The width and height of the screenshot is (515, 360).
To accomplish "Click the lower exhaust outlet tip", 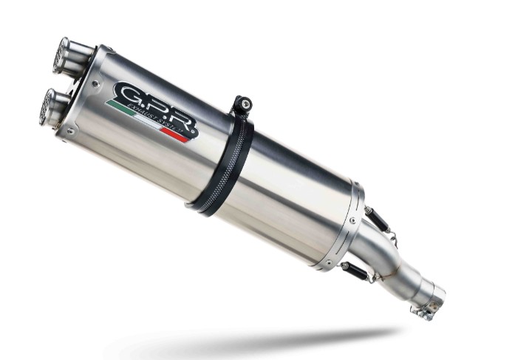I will (50, 106).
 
